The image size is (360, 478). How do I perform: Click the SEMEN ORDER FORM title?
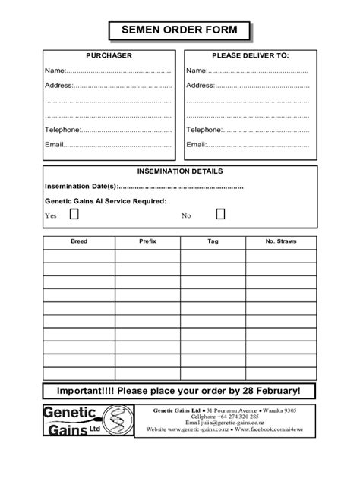[179, 30]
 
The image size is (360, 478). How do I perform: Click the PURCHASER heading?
[109, 56]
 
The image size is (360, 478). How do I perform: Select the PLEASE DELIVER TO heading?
[251, 56]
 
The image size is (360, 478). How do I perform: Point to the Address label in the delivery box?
[200, 86]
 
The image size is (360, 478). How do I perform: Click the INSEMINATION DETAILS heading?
[180, 171]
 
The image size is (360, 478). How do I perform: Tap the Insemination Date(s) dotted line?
[182, 187]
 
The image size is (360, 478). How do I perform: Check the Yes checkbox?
[74, 215]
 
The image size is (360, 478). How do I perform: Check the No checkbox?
[220, 215]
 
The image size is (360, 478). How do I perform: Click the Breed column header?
[79, 241]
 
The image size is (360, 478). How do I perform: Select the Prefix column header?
[147, 241]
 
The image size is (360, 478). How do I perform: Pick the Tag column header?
[213, 241]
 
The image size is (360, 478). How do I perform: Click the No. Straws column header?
[280, 241]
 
